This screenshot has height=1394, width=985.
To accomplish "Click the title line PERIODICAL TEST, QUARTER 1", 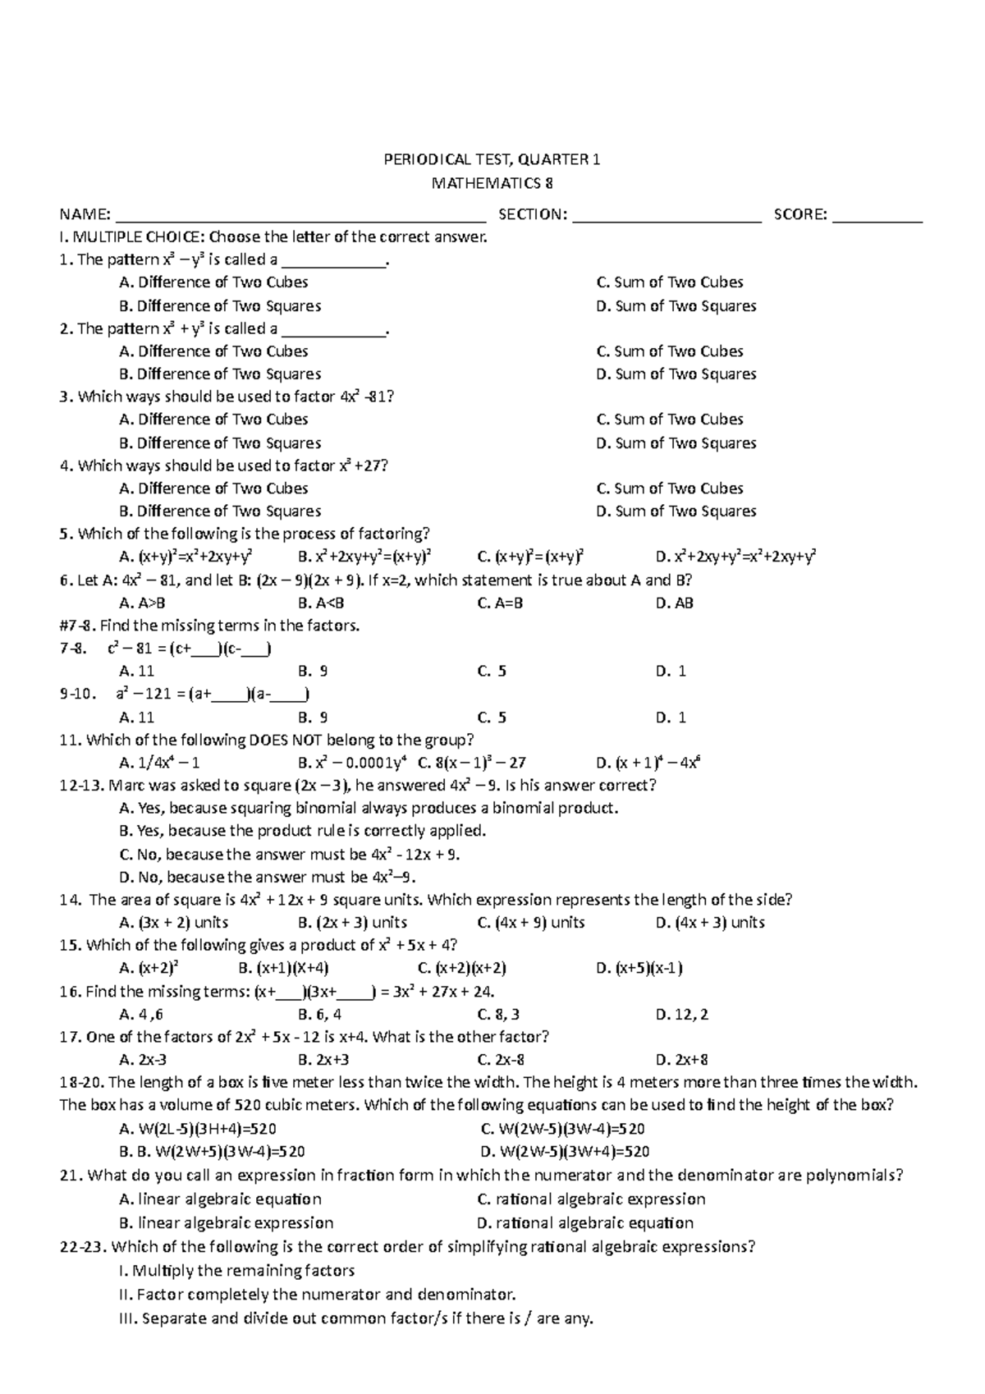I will click(x=492, y=160).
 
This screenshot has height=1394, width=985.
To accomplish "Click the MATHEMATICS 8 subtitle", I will click(x=492, y=183).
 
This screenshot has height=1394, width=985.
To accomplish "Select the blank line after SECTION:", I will click(x=667, y=217).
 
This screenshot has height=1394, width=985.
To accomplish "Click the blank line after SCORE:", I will click(x=877, y=217).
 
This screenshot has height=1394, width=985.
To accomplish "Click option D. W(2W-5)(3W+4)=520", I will click(x=564, y=1152).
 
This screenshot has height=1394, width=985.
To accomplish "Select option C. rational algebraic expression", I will click(x=591, y=1199).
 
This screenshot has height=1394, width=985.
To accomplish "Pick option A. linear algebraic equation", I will click(x=220, y=1199).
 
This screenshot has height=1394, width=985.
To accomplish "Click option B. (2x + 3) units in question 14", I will click(x=353, y=923).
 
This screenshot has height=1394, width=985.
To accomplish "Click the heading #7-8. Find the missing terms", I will click(x=210, y=626).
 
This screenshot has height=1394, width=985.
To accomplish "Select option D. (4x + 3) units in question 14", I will click(x=710, y=923).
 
